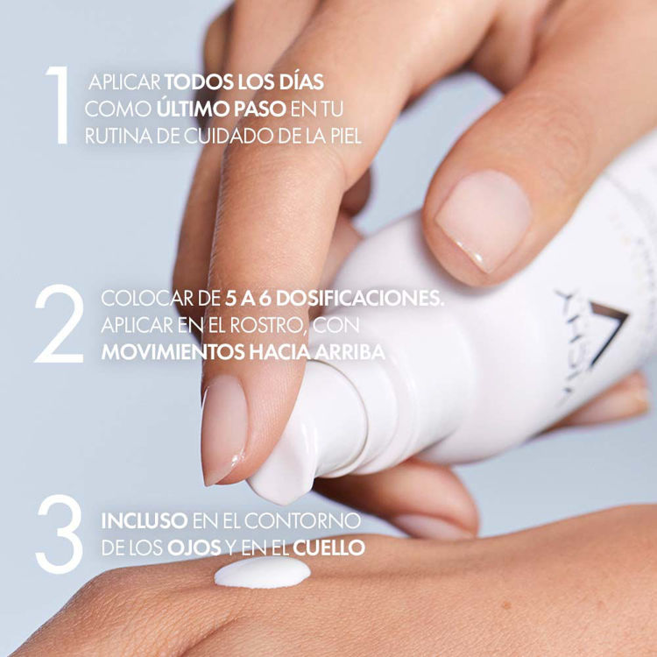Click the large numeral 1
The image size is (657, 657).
pyautogui.click(x=57, y=108)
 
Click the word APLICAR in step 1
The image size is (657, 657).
pyautogui.click(x=125, y=82)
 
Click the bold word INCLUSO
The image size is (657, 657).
pyautogui.click(x=144, y=519)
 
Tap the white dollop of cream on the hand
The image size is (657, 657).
pyautogui.click(x=263, y=573)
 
